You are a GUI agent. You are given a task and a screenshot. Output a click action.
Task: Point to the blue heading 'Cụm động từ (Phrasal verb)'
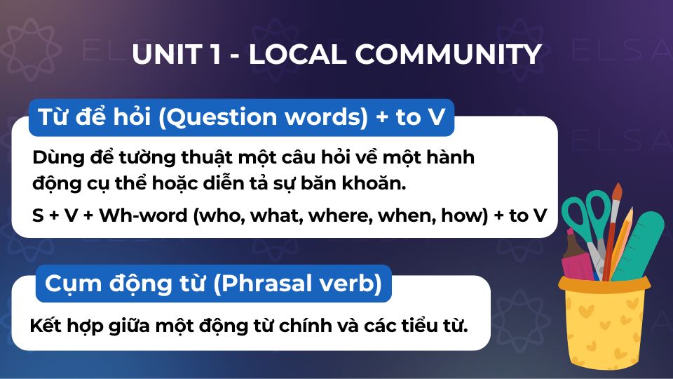point(213,284)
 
